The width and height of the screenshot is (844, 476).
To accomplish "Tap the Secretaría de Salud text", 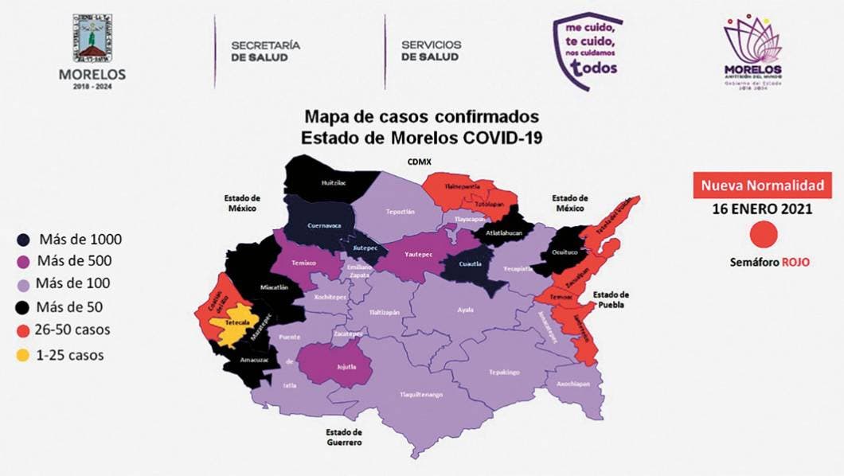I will coord(265,51).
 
